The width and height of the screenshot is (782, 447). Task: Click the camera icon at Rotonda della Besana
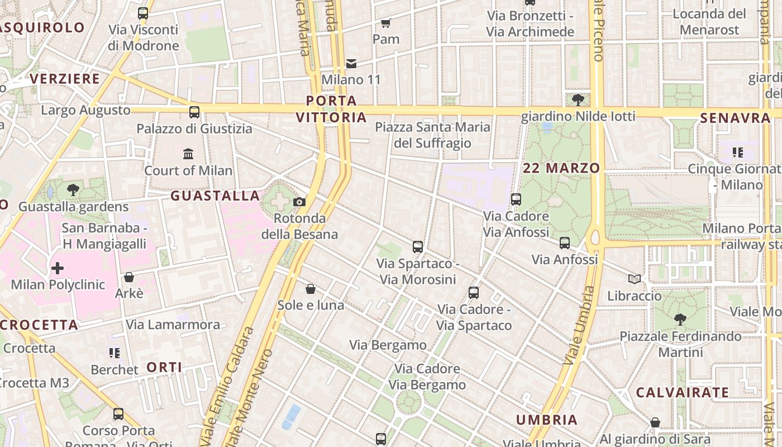[299, 202]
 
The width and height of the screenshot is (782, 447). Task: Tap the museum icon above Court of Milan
[188, 154]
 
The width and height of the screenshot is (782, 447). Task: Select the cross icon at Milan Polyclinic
[58, 268]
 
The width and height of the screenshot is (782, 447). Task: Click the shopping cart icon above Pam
[385, 23]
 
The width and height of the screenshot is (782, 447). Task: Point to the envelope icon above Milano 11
[351, 64]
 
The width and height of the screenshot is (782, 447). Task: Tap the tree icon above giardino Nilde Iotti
[578, 100]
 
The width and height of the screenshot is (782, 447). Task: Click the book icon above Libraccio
[634, 279]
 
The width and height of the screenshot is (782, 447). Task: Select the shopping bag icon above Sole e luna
[311, 289]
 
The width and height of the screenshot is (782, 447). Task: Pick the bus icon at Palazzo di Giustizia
[194, 112]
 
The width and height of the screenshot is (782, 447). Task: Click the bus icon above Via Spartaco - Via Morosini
[417, 246]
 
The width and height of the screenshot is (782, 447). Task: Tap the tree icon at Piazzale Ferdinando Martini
[680, 320]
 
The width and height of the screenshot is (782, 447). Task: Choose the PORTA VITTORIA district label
[331, 109]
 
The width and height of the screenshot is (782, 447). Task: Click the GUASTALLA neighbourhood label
[215, 196]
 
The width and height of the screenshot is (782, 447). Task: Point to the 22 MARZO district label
[561, 168]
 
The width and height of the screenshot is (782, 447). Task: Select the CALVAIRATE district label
[682, 392]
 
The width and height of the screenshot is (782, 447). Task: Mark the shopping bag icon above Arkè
[129, 277]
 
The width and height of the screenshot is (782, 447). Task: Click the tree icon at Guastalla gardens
[73, 189]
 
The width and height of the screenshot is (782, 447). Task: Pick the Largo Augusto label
[85, 110]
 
